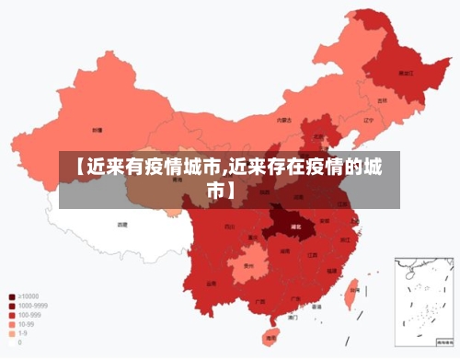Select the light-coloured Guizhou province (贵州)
pyautogui.click(x=247, y=267)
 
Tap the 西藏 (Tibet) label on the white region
pyautogui.click(x=122, y=224)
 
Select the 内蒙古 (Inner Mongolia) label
pyautogui.click(x=284, y=120)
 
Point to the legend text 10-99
pyautogui.click(x=27, y=324)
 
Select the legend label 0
pyautogui.click(x=19, y=342)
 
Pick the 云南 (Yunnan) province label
pyautogui.click(x=212, y=284)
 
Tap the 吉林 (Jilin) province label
pyautogui.click(x=383, y=99)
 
